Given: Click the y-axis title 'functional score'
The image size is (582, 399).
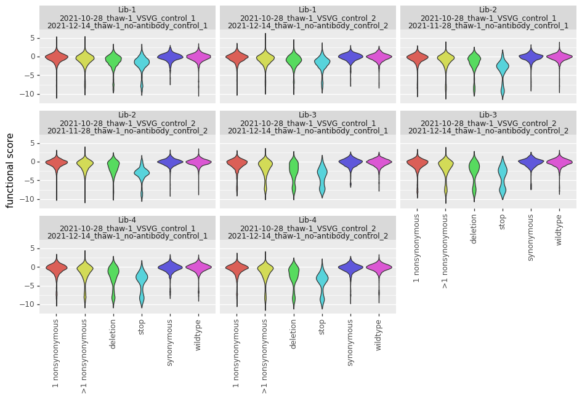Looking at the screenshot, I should point(10,170).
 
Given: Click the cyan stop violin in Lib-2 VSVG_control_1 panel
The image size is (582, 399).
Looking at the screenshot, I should point(503,69).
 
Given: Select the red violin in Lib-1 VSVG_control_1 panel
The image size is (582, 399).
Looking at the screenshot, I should point(56,58).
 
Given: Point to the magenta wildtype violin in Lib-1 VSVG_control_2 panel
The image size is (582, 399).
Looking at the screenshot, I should point(379,57).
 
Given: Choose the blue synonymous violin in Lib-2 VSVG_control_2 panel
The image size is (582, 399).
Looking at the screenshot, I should point(170,162).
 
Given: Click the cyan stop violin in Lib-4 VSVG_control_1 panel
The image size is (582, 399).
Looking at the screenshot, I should point(142,280).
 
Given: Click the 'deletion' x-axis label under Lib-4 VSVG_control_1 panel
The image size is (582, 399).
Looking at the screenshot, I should point(113,334).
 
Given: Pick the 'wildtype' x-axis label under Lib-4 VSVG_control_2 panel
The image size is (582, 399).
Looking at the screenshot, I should point(379,334).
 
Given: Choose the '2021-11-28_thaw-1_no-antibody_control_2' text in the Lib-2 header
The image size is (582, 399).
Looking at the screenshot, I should point(127,131).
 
